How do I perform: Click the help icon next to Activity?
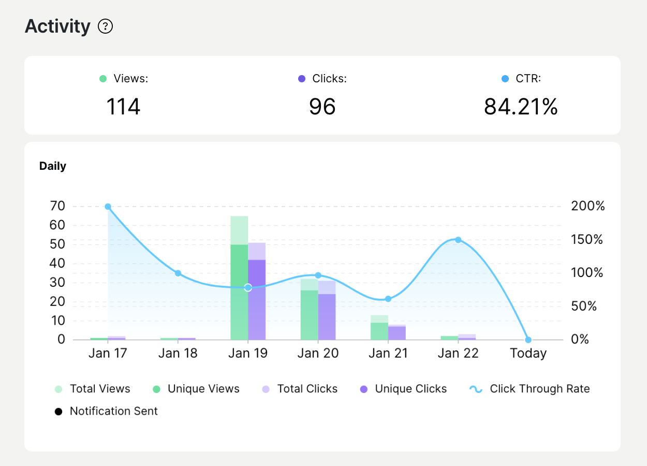click(x=106, y=26)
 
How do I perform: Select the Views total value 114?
click(x=123, y=107)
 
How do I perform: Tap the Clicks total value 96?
click(x=322, y=107)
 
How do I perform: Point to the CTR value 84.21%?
click(x=521, y=107)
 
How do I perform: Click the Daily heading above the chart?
click(x=53, y=166)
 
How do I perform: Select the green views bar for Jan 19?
click(x=239, y=290)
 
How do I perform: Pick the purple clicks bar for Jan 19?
click(x=257, y=300)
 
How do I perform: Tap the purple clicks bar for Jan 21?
click(x=397, y=333)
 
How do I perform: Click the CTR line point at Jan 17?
click(x=108, y=207)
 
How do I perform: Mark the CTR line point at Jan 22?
click(x=458, y=240)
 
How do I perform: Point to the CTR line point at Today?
click(x=528, y=340)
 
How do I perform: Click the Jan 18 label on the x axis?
click(x=178, y=353)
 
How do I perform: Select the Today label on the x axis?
click(x=528, y=353)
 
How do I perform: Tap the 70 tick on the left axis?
click(x=58, y=206)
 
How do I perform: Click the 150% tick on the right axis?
click(x=587, y=240)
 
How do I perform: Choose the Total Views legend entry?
click(x=93, y=389)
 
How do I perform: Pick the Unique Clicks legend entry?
click(x=404, y=389)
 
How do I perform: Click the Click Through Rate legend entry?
click(x=530, y=389)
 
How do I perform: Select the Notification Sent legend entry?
click(x=107, y=411)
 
